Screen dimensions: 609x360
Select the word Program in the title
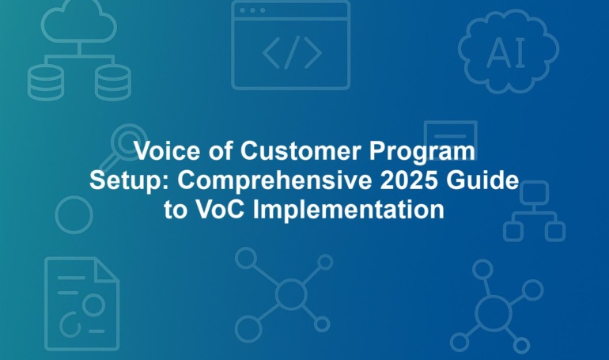[x=422, y=152]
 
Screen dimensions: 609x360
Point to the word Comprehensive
[x=275, y=181]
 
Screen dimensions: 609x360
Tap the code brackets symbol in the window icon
[x=292, y=52]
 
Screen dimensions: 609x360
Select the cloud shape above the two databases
[x=79, y=21]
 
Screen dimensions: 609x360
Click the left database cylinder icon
[x=45, y=82]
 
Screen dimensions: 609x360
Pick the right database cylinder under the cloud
[x=113, y=82]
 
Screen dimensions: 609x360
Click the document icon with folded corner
[x=82, y=304]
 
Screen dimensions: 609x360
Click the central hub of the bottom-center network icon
[x=291, y=294]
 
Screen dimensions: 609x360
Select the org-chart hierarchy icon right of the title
[x=534, y=211]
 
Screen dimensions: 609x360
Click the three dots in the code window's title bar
[x=252, y=10]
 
